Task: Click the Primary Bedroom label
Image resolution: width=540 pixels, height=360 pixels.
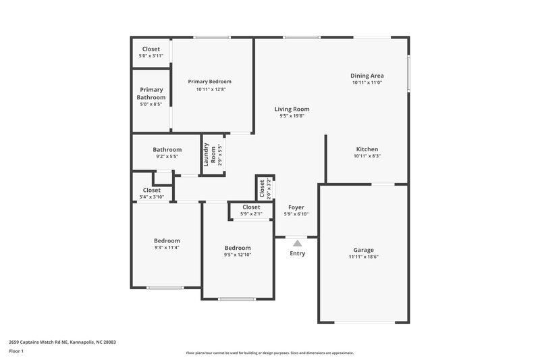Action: coord(209,81)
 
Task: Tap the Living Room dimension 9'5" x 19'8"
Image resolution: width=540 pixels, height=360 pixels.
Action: coord(292,115)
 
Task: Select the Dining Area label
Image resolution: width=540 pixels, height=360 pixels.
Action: coord(367,75)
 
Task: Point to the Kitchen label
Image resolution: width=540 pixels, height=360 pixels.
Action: coord(367,149)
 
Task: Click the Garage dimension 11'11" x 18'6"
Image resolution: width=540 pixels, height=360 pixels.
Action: coord(364,257)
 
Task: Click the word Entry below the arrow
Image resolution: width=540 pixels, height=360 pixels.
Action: coord(297,254)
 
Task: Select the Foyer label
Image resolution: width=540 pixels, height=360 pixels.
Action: coord(296,207)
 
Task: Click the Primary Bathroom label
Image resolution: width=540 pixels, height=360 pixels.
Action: coord(151,93)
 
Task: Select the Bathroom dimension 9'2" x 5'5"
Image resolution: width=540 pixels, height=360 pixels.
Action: coord(167,157)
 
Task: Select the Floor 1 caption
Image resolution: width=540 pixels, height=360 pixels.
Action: coord(17,352)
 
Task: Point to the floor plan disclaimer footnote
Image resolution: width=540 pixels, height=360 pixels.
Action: coord(269,353)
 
